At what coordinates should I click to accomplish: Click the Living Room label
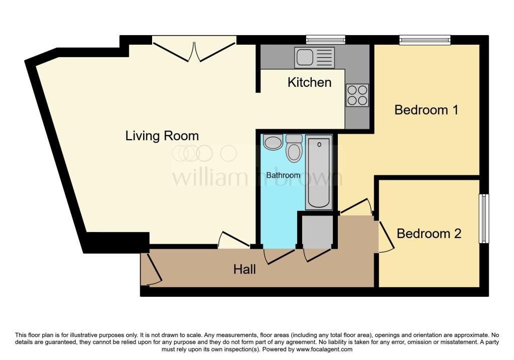coord(162,136)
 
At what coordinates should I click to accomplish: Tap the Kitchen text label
coord(309,82)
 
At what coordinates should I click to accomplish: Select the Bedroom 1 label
coord(426,109)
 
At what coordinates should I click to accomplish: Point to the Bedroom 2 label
coord(429,233)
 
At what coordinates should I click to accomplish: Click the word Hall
coord(244,270)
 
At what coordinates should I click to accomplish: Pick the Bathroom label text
coord(283,175)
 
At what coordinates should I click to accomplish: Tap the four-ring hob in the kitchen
coord(357,95)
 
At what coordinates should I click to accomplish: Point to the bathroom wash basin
coord(273,142)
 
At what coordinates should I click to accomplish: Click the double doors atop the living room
coord(194,50)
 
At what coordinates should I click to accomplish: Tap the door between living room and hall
coord(233,239)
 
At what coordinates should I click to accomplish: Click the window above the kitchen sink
coord(326,39)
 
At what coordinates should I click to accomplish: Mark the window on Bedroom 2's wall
coord(484,218)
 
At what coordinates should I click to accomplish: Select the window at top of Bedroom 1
coord(425,39)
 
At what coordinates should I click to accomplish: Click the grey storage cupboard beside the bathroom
coord(317,231)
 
